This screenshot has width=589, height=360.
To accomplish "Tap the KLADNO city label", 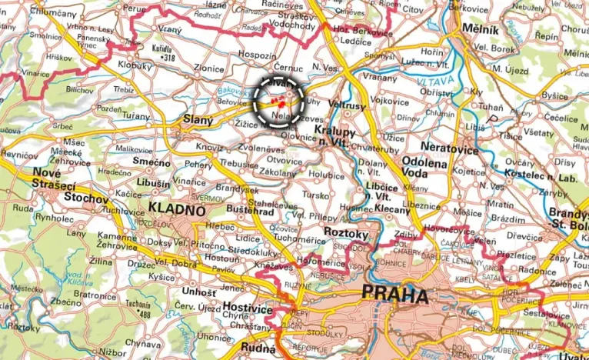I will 177,209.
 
